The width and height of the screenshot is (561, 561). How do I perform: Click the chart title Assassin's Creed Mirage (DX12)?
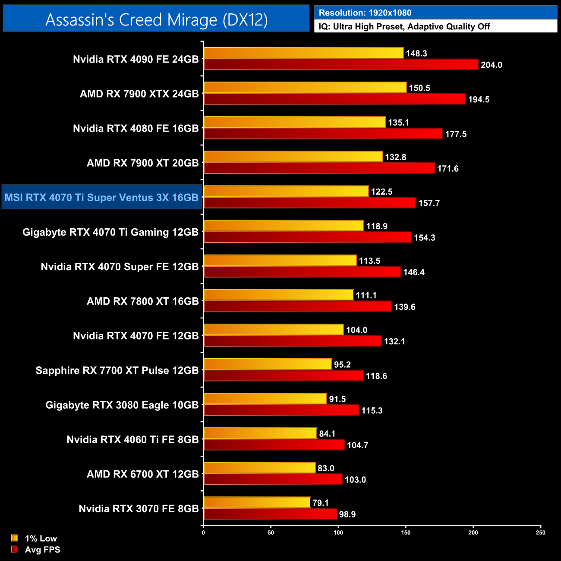point(156,19)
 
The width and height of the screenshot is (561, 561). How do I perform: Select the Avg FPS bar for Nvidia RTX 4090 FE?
point(341,65)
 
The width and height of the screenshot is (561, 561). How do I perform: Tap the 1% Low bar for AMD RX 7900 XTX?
point(305,88)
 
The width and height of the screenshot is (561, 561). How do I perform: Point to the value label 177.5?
point(456,134)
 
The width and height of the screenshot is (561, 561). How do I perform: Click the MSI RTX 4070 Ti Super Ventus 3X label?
point(101,198)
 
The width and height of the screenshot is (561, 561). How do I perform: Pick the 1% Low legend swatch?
point(15,538)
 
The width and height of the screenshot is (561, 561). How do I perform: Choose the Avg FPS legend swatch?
point(15,549)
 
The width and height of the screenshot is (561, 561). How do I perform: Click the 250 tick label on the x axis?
point(540,533)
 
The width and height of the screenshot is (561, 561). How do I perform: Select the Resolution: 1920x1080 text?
point(365,13)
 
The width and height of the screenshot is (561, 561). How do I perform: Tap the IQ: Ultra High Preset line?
point(404,27)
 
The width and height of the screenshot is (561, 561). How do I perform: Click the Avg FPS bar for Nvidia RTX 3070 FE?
point(270,514)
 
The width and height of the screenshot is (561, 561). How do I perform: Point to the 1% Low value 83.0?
point(326,468)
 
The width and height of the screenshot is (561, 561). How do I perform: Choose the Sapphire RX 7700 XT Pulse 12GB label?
point(117,371)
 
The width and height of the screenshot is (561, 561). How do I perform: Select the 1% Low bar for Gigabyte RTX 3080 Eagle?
point(265,399)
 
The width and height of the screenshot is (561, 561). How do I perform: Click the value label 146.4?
point(414,272)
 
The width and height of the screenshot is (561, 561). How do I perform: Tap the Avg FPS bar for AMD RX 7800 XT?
point(298,306)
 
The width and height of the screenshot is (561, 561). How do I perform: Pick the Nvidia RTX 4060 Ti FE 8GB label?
point(132,440)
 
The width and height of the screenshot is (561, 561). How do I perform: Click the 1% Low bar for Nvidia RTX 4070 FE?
point(274,330)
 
